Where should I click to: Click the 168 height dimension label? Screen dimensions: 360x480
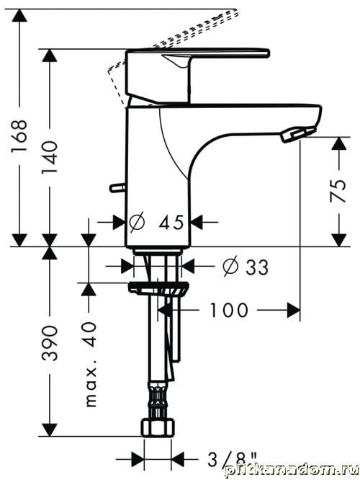pos(19,136)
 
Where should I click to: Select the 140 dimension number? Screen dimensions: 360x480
pos(50,156)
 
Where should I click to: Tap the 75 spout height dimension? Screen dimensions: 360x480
pos(338,191)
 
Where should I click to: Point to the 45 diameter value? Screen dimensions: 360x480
pos(171,223)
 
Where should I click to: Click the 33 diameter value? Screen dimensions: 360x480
pos(257,267)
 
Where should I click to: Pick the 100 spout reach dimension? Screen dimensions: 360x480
pos(229,310)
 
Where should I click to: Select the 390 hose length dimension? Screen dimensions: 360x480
pos(50,343)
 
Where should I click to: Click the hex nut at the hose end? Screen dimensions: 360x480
pos(158,427)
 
